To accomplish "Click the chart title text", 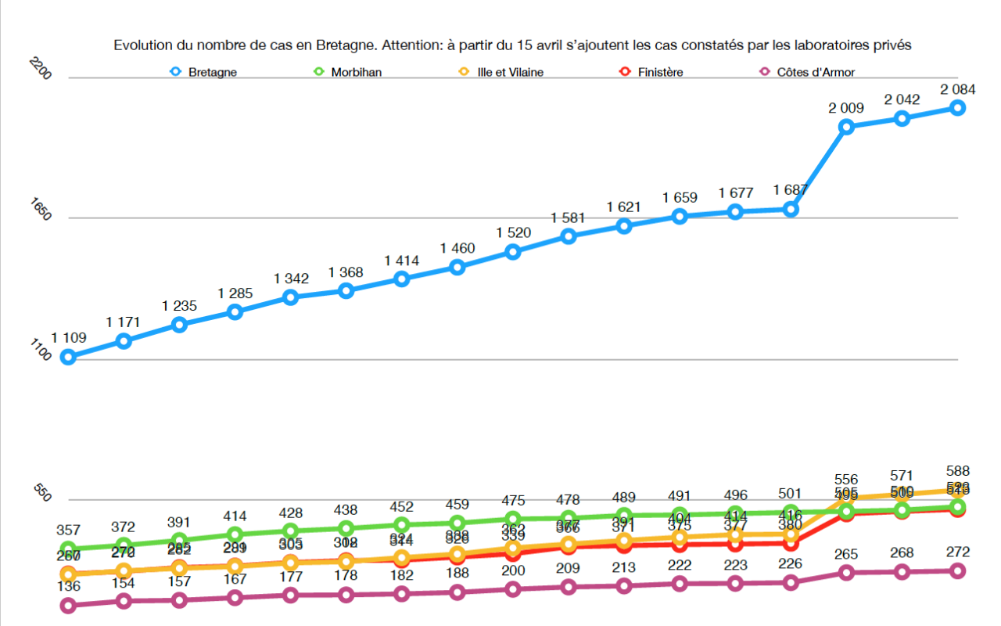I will click(512, 45).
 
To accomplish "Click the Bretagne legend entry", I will click(212, 72).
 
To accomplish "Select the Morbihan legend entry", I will click(355, 72).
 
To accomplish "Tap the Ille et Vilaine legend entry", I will click(510, 72).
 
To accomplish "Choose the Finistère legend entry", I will click(659, 72).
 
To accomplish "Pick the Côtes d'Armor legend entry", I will click(815, 72).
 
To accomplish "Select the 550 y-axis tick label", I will click(42, 491).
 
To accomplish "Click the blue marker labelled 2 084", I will click(957, 108).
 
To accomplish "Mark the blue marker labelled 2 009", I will click(846, 127).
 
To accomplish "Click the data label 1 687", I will click(791, 190).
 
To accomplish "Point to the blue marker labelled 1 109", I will click(68, 357).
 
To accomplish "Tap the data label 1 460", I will click(457, 249).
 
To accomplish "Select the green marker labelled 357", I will click(68, 549).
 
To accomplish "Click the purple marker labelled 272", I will click(957, 570).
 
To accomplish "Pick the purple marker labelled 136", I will click(68, 605).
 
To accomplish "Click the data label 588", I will click(957, 471).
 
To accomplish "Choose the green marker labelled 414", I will click(235, 534).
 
